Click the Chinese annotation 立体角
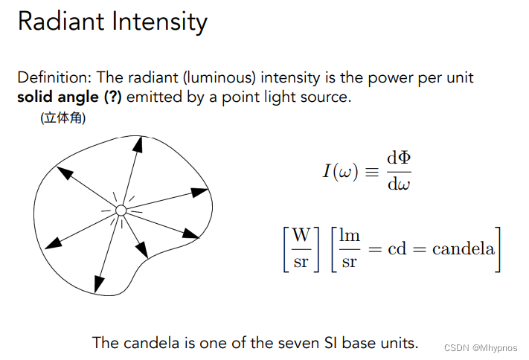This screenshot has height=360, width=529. pos(63,118)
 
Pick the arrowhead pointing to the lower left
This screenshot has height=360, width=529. pos(54,242)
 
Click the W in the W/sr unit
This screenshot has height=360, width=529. pos(301,236)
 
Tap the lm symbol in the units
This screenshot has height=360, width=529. pos(350,236)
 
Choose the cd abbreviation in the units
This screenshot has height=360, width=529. pos(397,248)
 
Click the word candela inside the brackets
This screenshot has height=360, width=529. pos(464,248)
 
